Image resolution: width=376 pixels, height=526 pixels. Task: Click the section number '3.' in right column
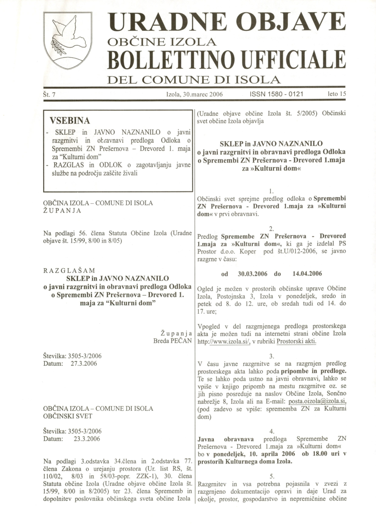pos(271,356)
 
